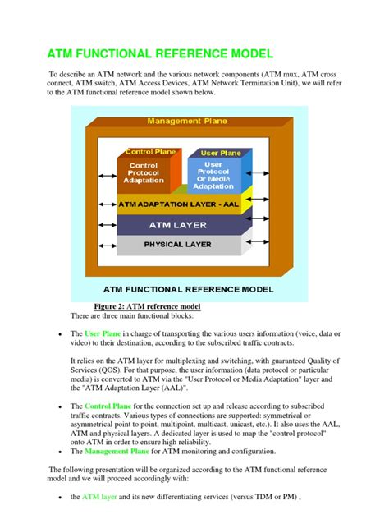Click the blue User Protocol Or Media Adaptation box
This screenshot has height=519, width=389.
tap(213, 174)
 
